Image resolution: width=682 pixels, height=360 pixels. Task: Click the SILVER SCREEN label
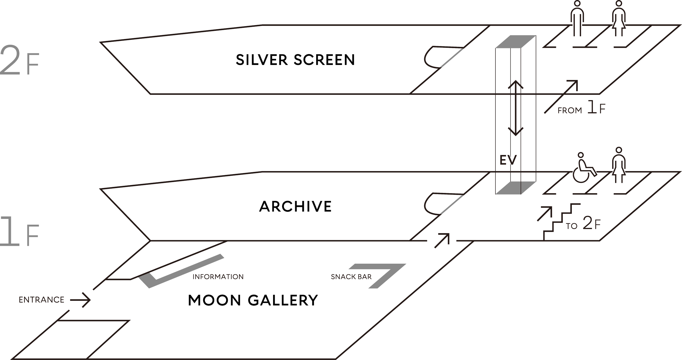[x=295, y=60]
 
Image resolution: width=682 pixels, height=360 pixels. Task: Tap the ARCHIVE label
[x=295, y=207]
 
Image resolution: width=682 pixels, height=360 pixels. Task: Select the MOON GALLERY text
[x=253, y=300]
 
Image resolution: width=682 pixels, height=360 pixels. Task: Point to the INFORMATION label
[x=218, y=277]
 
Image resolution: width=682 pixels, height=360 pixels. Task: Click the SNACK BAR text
[x=351, y=277]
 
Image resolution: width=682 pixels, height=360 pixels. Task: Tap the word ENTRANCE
[x=41, y=300]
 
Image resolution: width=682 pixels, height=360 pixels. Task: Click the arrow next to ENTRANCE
[x=80, y=300]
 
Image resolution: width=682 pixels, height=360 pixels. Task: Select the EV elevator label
[x=508, y=160]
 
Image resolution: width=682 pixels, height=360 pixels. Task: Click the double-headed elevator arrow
[x=515, y=108]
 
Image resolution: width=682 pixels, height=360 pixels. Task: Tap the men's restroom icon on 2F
[x=576, y=19]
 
